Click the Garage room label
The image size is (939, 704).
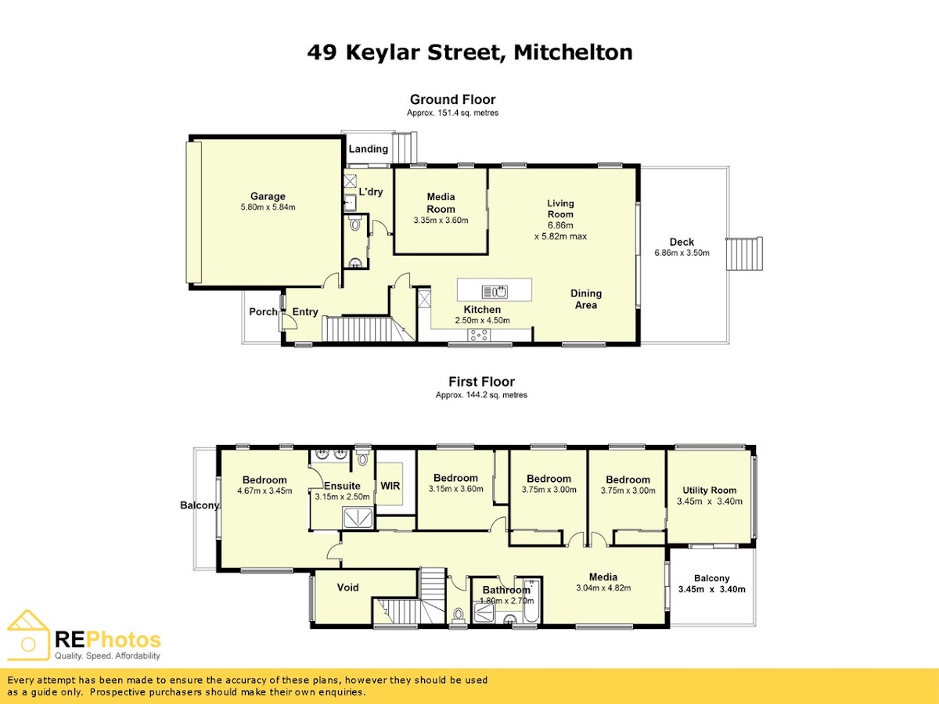[x=268, y=196]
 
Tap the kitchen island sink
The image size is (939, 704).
[x=495, y=292]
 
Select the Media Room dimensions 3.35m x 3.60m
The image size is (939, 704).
[x=441, y=221]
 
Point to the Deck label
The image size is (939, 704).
[x=682, y=242]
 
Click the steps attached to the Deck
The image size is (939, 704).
[x=744, y=253]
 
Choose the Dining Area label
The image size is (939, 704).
[x=586, y=300]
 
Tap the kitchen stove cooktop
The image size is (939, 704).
[x=479, y=335]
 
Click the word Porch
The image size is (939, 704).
[x=263, y=311]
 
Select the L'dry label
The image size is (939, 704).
[x=370, y=192]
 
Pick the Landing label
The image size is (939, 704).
[x=369, y=149]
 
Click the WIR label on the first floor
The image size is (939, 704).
[x=390, y=486]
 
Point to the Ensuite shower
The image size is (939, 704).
[x=358, y=518]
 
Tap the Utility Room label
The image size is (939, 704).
[x=709, y=490]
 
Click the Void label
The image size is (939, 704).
[x=347, y=587]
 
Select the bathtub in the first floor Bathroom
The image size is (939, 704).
[x=532, y=601]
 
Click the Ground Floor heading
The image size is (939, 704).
[x=452, y=99]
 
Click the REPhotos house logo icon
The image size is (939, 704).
[x=28, y=635]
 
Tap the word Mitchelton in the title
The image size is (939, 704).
[x=573, y=52]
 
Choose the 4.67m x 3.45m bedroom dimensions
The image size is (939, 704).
[x=264, y=491]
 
